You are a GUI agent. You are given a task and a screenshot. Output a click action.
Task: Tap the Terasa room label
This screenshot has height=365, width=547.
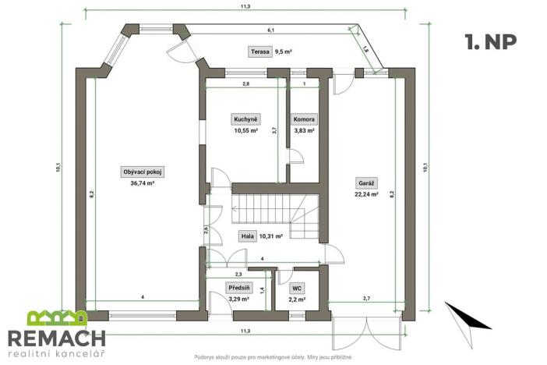coord(259,52)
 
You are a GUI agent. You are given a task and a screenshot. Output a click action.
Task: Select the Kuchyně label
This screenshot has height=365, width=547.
coord(245,119)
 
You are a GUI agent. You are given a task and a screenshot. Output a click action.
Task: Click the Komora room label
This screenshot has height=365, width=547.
coord(304,119)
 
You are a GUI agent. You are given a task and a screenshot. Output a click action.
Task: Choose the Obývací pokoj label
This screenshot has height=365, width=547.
coord(142,172)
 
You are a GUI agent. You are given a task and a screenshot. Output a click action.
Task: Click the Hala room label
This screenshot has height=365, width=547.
coord(247,235)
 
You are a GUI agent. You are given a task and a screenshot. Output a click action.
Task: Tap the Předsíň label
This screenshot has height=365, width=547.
coord(238,287)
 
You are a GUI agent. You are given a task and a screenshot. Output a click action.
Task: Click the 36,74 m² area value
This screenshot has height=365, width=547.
coord(142,182)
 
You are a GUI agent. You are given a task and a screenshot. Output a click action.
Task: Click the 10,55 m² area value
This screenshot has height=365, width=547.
coord(245,130)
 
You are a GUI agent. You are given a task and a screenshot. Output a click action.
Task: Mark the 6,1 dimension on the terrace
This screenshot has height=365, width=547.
coord(270,30)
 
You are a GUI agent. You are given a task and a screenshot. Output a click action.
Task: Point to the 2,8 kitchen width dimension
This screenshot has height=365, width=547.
coord(245,83)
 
